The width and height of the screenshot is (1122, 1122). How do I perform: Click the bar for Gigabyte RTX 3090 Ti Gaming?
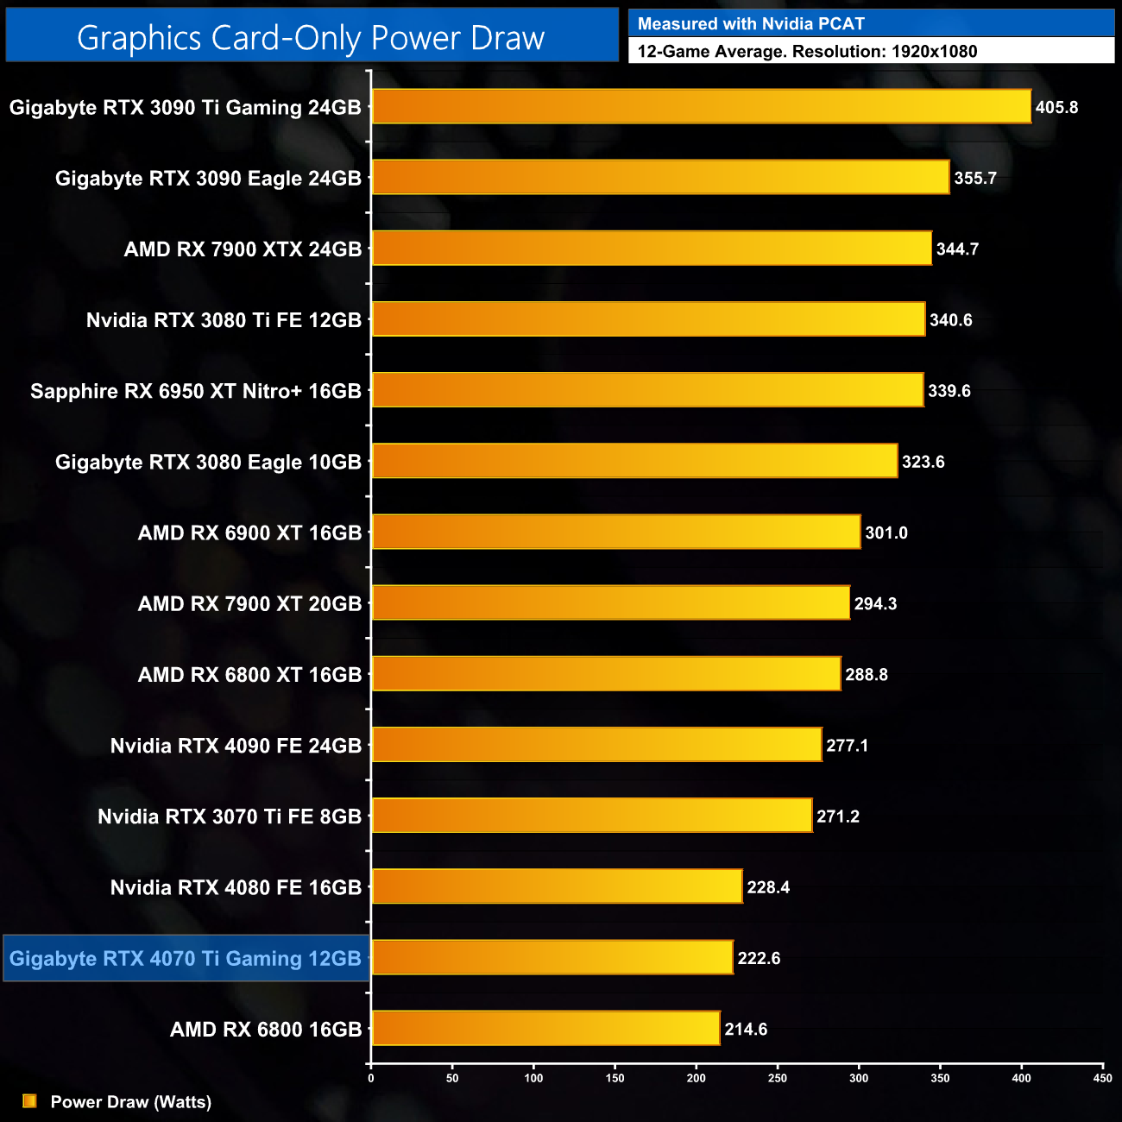click(701, 107)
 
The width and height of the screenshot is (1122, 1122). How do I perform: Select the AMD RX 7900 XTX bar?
click(652, 249)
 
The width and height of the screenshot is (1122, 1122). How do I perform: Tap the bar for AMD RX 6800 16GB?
click(545, 1028)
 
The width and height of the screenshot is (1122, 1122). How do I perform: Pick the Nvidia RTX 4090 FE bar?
click(596, 745)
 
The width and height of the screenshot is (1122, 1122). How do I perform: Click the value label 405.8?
click(1056, 108)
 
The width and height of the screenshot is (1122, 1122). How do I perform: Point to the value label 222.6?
click(759, 958)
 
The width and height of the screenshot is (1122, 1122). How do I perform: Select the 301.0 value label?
click(886, 533)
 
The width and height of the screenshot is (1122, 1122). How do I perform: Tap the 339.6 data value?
click(949, 391)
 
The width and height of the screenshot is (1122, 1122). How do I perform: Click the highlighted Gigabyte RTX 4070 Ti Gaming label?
click(186, 958)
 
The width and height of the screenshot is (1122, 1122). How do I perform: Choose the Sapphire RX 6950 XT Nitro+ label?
click(196, 391)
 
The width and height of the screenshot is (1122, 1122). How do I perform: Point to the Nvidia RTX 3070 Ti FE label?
click(230, 816)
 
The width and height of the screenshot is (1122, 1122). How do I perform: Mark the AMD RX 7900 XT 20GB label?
click(249, 603)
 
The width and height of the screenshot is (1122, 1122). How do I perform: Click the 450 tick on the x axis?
click(1102, 1078)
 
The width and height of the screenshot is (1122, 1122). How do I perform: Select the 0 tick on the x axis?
click(371, 1078)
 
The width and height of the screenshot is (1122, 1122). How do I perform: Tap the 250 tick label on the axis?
click(777, 1078)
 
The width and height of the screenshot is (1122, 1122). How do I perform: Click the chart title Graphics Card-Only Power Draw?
click(311, 38)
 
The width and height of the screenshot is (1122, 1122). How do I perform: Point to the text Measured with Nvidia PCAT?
click(751, 24)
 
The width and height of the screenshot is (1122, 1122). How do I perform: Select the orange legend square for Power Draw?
click(29, 1101)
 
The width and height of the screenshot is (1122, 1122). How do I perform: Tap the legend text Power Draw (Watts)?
click(131, 1102)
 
